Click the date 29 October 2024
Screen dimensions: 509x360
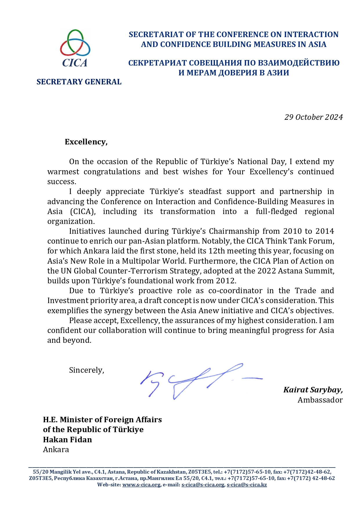[x=313, y=117]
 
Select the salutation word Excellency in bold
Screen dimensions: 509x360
[x=86, y=142]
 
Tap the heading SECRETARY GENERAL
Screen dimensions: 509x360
[x=79, y=82]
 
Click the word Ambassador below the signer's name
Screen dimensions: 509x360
[x=320, y=400]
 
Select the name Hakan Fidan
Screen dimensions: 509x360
[x=67, y=440]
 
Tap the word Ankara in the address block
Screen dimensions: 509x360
[x=56, y=450]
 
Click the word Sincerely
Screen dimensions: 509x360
[x=86, y=370]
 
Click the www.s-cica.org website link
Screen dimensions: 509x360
[x=141, y=485]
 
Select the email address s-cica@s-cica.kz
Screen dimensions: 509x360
[x=247, y=485]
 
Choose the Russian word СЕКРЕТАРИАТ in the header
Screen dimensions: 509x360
[x=158, y=63]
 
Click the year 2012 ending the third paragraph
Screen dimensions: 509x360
[x=226, y=281]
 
